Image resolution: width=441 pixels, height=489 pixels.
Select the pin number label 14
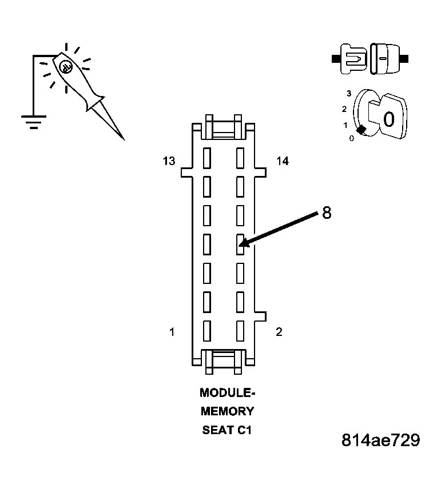[x=282, y=161]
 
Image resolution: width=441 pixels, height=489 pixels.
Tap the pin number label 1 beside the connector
[x=172, y=332]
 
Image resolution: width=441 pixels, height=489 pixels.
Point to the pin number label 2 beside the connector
[x=279, y=332]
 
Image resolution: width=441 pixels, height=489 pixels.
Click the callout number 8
[x=326, y=213]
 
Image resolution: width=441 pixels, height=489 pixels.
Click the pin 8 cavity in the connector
[x=240, y=244]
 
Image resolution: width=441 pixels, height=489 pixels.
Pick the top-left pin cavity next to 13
[x=207, y=157]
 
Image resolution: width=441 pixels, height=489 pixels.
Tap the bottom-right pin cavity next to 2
[x=240, y=331]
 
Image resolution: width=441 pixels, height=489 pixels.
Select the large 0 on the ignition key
[x=388, y=119]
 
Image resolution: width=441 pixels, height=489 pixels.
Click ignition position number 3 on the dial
[x=349, y=93]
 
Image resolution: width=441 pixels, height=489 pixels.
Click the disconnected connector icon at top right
[x=370, y=58]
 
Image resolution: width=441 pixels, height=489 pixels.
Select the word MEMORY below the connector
[x=227, y=411]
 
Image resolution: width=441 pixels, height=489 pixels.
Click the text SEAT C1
[x=227, y=430]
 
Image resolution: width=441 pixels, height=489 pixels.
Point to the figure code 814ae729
[x=380, y=440]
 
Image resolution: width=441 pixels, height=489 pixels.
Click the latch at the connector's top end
[x=224, y=126]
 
